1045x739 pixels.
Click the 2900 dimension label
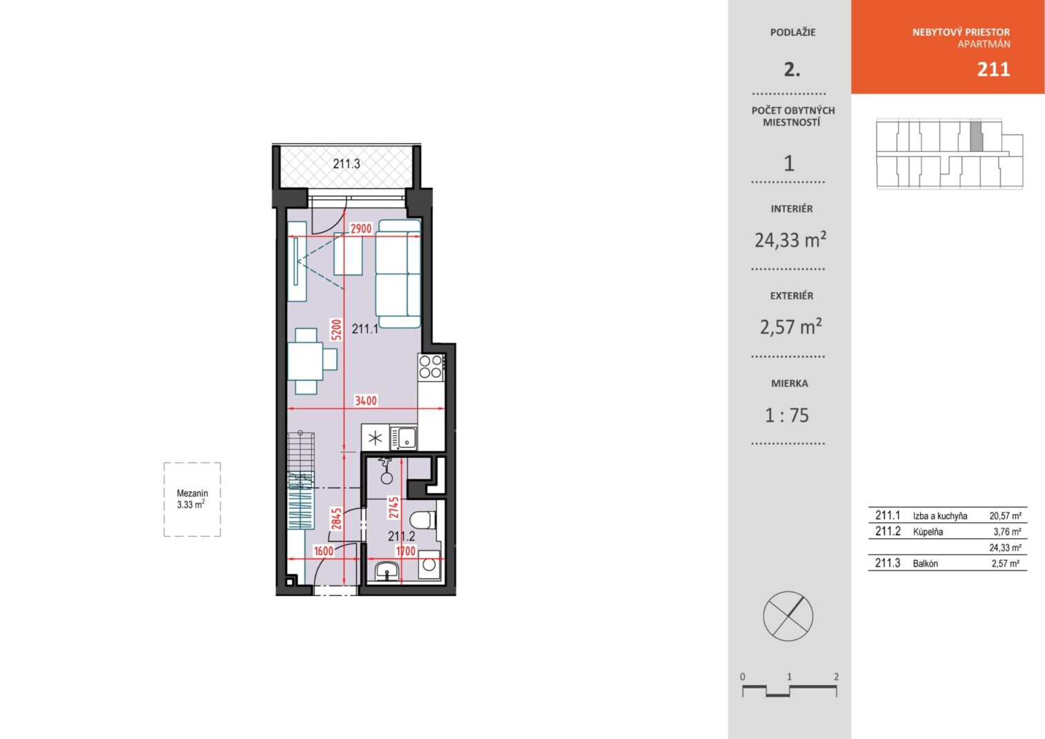361,229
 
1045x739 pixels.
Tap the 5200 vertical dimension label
336,329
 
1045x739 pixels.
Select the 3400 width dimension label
366,401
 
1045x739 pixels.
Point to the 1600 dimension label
323,551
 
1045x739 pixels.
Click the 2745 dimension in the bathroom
394,508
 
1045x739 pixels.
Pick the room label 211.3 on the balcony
346,164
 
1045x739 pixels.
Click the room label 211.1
365,329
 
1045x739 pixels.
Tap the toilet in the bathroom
422,520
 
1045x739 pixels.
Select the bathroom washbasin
387,571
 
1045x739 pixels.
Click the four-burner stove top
431,367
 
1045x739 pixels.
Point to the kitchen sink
404,438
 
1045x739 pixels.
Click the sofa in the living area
398,273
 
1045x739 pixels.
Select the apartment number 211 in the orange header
993,70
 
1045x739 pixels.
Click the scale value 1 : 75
787,416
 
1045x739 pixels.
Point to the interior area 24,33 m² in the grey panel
790,240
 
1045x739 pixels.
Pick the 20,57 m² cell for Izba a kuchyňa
1006,516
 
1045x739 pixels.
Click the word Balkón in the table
925,564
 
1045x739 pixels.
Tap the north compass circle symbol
788,616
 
